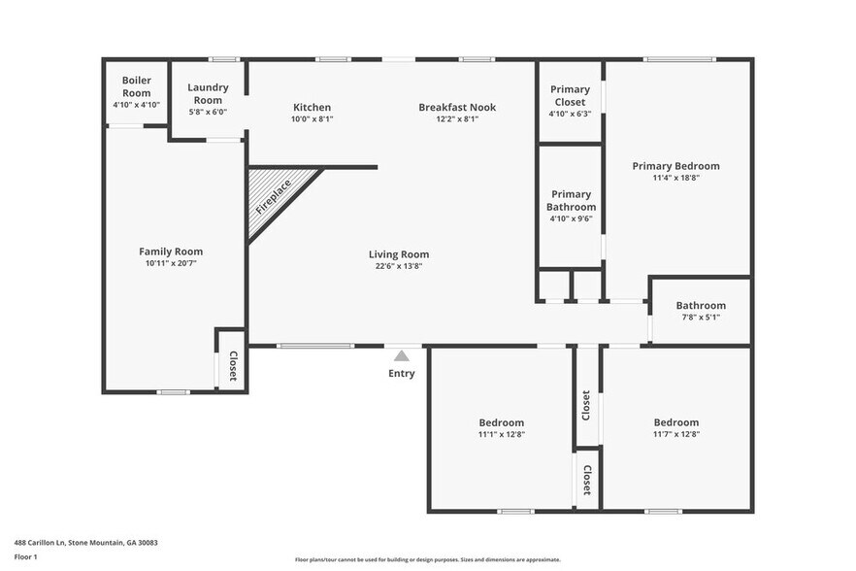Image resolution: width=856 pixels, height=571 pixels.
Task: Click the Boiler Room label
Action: click(x=136, y=86)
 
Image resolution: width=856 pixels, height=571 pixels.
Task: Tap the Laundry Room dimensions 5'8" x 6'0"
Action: click(x=207, y=112)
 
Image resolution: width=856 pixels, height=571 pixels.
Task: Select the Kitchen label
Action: click(x=312, y=107)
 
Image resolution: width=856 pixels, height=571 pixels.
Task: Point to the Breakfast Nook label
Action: click(x=456, y=107)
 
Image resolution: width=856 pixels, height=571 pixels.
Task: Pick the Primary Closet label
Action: click(x=570, y=95)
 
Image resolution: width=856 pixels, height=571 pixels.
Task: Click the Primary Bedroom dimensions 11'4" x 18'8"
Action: click(x=675, y=178)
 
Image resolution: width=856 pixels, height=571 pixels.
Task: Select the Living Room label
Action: click(x=399, y=254)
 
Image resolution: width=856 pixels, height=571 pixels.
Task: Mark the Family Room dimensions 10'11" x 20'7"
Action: click(x=171, y=263)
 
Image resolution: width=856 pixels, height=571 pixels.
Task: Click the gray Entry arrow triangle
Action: click(x=402, y=356)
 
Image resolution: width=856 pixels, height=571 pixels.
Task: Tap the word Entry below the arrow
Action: click(x=402, y=374)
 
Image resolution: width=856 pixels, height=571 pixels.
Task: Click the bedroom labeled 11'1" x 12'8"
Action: click(x=501, y=428)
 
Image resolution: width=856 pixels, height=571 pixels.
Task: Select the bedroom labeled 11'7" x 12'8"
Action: click(x=675, y=428)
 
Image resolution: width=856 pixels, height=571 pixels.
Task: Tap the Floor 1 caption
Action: click(x=26, y=557)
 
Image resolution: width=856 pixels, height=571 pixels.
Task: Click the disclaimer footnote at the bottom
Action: click(x=427, y=560)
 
